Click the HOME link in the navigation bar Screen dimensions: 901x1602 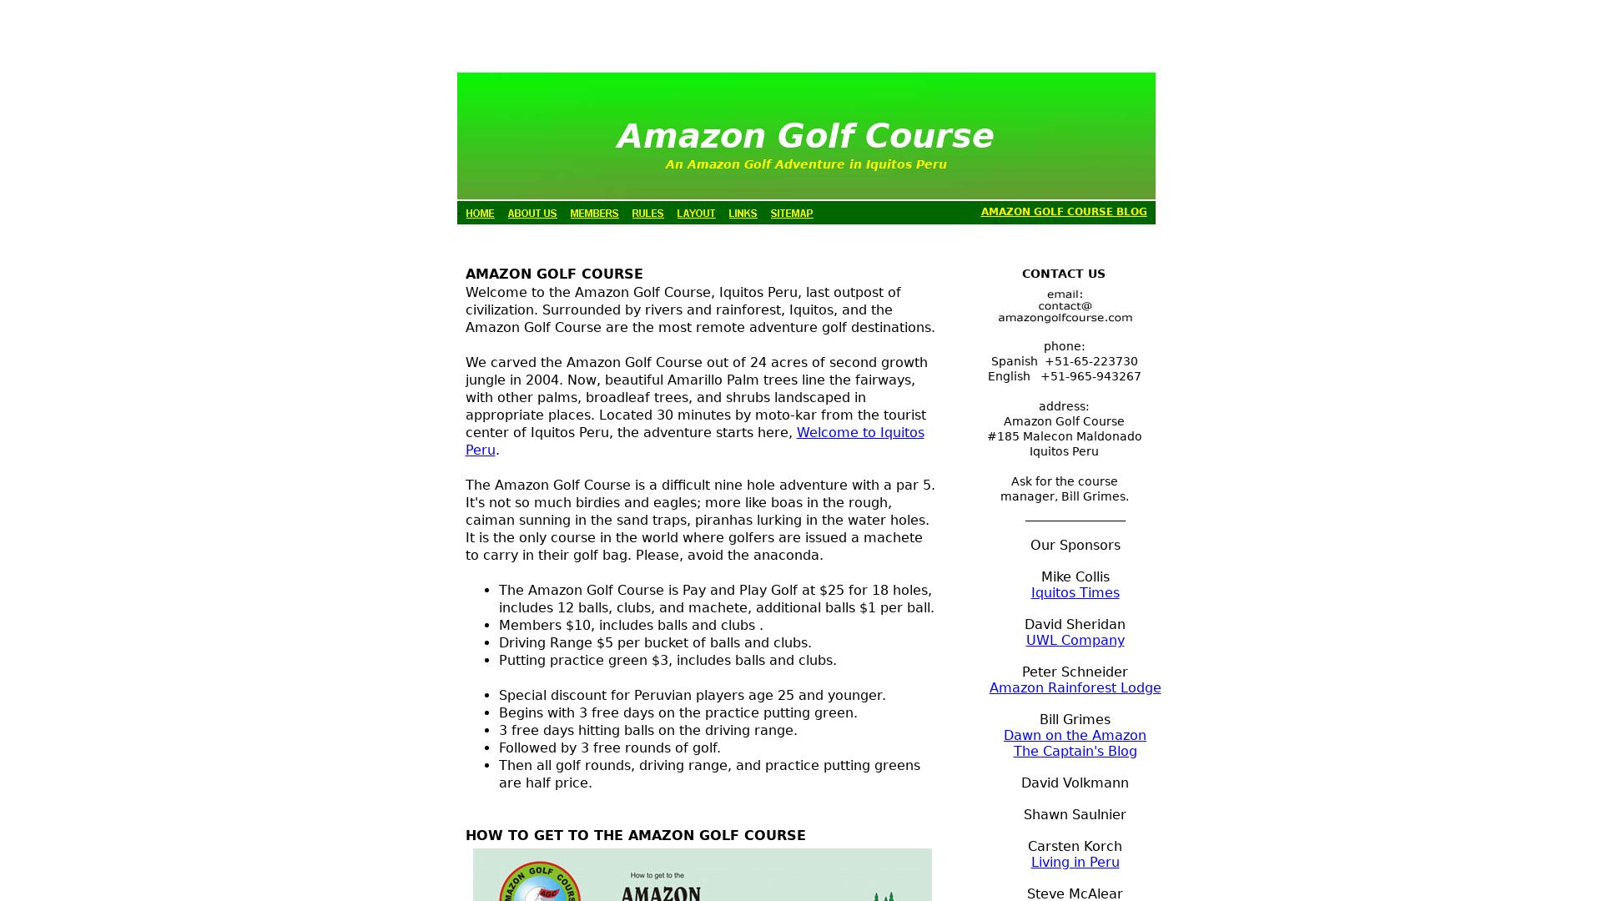coord(480,214)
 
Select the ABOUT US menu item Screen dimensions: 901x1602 coord(532,214)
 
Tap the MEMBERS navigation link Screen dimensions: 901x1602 coord(594,214)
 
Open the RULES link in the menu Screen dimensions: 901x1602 coord(647,214)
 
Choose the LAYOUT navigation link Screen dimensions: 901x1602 coord(696,214)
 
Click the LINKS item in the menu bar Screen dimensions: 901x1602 coord(743,214)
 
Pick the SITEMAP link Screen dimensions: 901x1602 coord(792,214)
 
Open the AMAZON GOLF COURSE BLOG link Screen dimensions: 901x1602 coord(1064,212)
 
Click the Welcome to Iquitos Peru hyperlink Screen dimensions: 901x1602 coord(859,433)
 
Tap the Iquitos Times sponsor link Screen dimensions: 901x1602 coord(1075,593)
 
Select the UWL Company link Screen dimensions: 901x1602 coord(1075,641)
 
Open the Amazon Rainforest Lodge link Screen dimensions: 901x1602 coord(1075,688)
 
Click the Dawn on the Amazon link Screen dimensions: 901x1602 coord(1075,736)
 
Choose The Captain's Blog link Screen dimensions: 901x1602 coord(1075,752)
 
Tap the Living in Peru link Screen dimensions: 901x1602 coord(1075,863)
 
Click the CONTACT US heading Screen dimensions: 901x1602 coord(1063,274)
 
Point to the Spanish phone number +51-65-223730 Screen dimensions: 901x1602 coord(1091,362)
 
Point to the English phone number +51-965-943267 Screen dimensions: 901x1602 coord(1091,377)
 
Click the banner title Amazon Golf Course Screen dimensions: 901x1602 coord(805,137)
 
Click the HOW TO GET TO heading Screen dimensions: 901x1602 coord(635,836)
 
